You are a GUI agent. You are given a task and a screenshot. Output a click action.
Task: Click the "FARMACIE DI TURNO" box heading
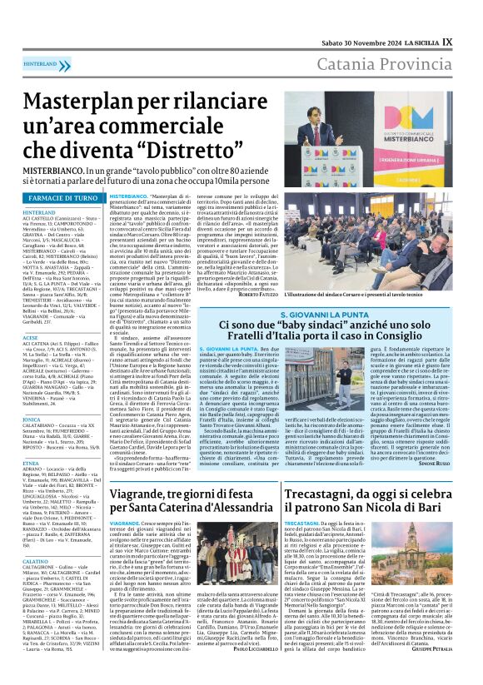click(x=63, y=198)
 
